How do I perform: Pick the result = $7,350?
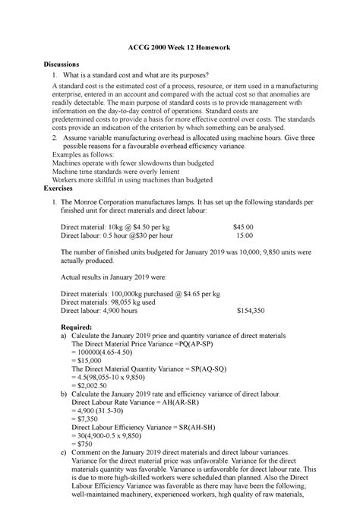[x=86, y=419]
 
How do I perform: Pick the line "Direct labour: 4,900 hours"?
[x=109, y=310]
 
